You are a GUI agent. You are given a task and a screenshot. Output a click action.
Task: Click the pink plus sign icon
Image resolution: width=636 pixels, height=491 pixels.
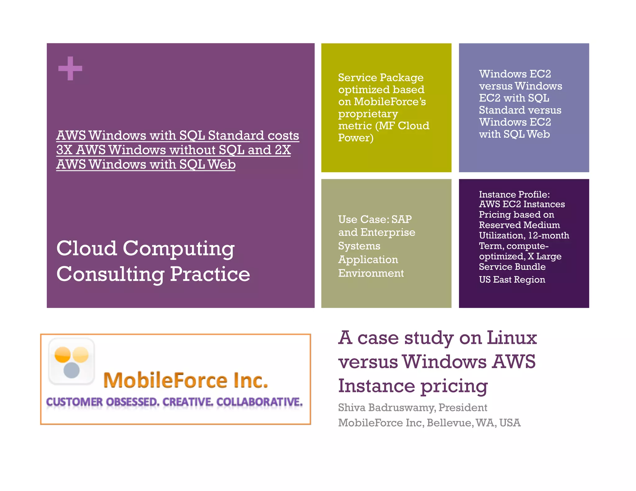click(x=70, y=68)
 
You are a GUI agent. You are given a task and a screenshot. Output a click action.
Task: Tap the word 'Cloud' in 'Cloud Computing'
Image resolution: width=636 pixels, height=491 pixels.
click(x=86, y=248)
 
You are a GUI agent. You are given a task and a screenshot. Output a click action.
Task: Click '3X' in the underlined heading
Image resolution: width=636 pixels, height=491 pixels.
click(x=64, y=150)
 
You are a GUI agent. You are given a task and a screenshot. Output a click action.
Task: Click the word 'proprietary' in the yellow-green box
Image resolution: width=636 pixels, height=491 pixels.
click(x=368, y=114)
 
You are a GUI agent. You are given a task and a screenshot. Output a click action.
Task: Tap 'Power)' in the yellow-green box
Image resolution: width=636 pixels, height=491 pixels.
click(x=356, y=137)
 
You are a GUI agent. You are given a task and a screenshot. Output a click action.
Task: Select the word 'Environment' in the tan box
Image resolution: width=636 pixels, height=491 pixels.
click(x=371, y=273)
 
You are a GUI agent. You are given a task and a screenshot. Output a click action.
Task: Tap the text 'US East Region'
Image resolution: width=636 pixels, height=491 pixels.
click(x=512, y=280)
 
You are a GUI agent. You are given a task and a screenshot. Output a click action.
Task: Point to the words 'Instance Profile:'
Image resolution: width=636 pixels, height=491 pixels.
click(x=514, y=194)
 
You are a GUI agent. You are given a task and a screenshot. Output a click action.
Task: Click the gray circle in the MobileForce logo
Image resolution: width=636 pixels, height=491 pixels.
click(x=71, y=370)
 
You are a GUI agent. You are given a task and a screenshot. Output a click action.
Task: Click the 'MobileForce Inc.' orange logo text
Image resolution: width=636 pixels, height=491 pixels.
click(x=185, y=381)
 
